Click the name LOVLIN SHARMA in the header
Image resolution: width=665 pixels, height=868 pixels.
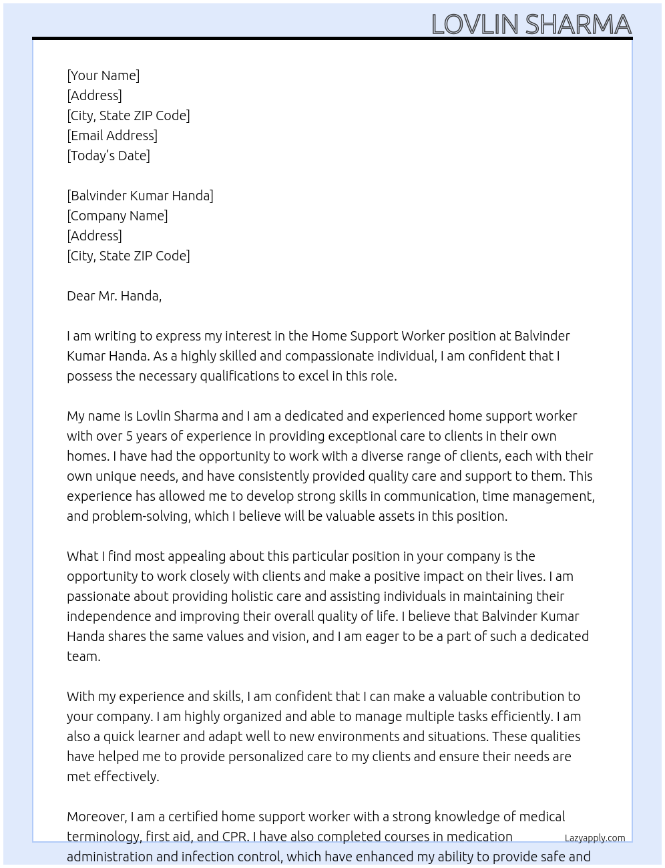(x=531, y=25)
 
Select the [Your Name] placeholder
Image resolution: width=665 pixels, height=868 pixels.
(x=103, y=75)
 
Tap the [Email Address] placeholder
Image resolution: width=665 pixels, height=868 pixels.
(x=112, y=136)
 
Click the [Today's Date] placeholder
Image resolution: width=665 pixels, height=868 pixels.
(x=108, y=156)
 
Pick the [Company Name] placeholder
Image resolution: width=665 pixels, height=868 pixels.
(x=117, y=216)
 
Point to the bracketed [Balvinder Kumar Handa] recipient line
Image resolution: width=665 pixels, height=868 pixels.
(x=140, y=196)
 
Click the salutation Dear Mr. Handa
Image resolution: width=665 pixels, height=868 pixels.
(x=114, y=296)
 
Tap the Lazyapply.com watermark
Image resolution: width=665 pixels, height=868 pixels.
(x=594, y=838)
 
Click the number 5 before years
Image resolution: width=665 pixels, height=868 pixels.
(x=130, y=436)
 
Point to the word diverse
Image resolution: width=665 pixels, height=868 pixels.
(x=383, y=456)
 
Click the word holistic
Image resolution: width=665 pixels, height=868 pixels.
(x=256, y=596)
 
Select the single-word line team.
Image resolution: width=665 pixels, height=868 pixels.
(x=83, y=656)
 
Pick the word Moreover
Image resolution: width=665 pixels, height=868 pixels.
(x=96, y=817)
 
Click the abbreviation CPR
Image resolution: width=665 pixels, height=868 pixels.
(x=236, y=837)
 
